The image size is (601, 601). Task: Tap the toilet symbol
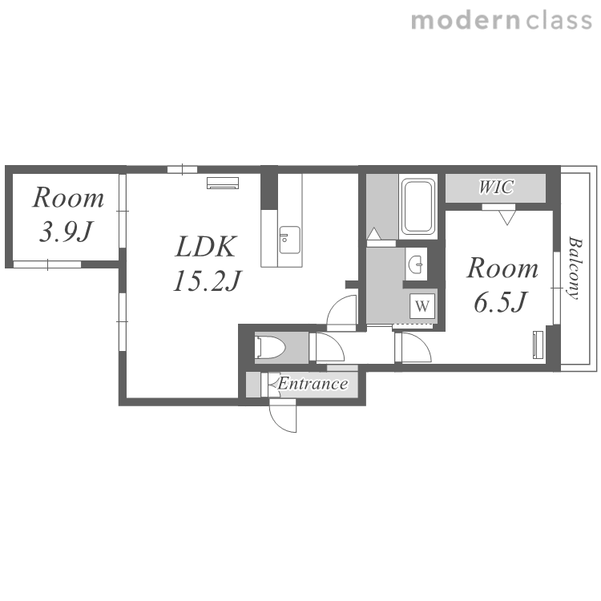click(270, 348)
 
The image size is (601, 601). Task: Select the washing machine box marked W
click(422, 306)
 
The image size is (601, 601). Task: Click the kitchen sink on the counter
click(289, 240)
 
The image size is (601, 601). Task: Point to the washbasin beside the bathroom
click(416, 264)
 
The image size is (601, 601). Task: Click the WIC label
click(496, 188)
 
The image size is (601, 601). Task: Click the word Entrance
click(313, 384)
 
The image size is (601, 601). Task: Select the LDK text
click(205, 247)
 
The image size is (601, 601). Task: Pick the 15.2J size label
click(207, 281)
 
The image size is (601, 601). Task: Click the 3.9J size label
click(66, 232)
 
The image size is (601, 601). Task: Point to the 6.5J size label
click(501, 302)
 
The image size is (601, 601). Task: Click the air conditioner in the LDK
click(223, 183)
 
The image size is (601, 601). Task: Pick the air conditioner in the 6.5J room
click(538, 345)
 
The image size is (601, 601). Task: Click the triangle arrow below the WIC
click(507, 219)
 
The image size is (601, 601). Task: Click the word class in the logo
click(559, 20)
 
